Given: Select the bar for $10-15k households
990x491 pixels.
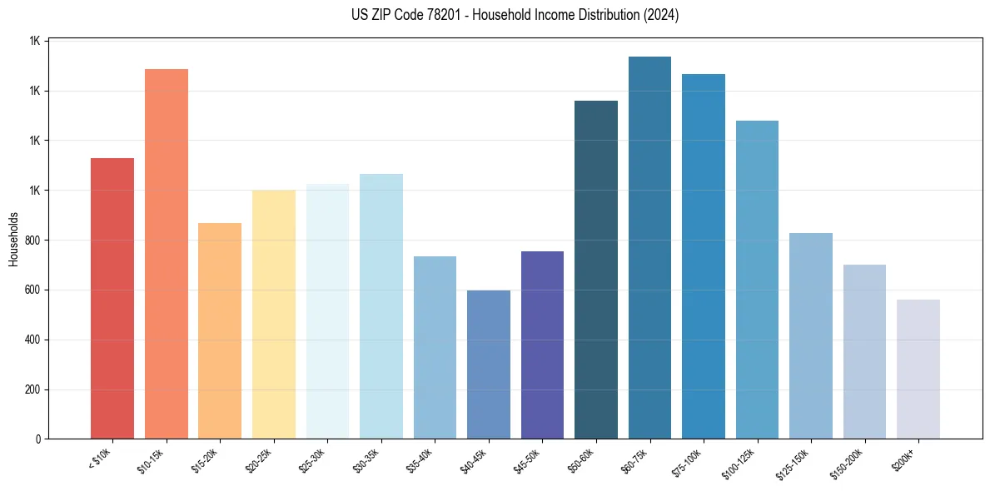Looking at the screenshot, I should pos(167,254).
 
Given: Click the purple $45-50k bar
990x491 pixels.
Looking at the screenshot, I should pos(542,345).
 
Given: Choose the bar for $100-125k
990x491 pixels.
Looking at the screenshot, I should pos(757,280).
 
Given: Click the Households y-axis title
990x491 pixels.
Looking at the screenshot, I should pos(14,240).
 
